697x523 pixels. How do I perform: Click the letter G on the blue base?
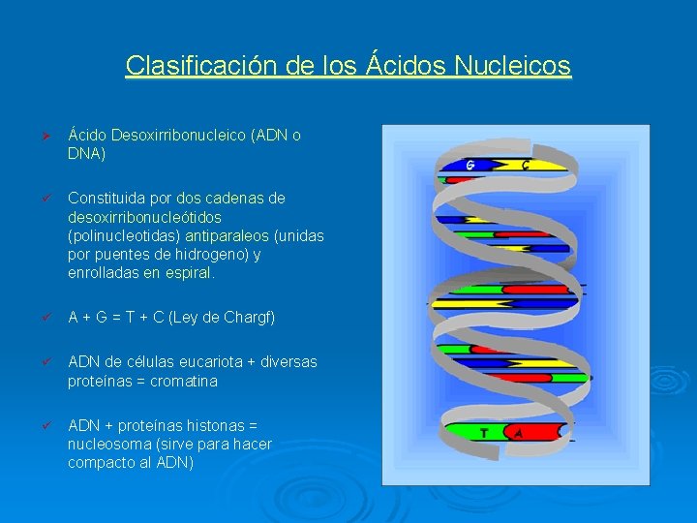[470, 165]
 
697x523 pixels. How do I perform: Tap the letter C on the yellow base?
[526, 165]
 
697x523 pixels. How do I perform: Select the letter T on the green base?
[483, 433]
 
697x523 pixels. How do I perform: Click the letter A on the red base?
[519, 433]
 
